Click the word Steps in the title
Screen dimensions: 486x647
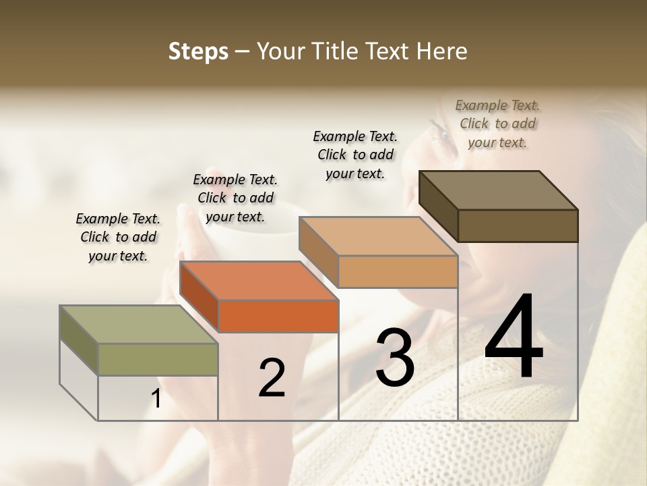198,51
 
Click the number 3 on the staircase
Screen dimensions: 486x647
394,358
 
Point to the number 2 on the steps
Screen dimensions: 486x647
272,378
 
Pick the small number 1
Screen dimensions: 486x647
156,399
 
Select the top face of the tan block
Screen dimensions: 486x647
379,236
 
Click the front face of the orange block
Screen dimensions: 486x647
278,316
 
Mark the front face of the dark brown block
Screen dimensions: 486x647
518,225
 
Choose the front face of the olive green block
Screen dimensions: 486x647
158,359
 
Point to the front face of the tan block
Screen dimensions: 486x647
398,271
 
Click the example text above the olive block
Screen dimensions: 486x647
118,238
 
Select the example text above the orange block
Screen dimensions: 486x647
235,198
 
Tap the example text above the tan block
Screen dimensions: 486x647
355,155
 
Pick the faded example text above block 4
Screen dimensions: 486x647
497,124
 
